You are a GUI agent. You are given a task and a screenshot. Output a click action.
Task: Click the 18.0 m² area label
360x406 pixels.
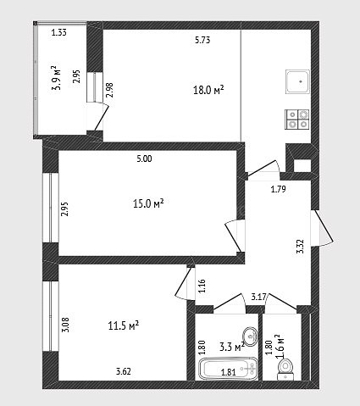pyautogui.click(x=208, y=90)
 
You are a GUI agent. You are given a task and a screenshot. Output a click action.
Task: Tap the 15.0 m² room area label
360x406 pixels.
pyautogui.click(x=148, y=203)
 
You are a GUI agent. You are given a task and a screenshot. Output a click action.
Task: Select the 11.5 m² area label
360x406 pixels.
pyautogui.click(x=124, y=325)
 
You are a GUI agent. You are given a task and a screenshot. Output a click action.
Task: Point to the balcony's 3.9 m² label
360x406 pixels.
pyautogui.click(x=55, y=78)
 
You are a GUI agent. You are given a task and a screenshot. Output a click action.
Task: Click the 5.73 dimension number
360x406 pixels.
pyautogui.click(x=202, y=40)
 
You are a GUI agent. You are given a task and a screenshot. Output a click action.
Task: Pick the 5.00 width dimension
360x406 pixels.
pyautogui.click(x=144, y=159)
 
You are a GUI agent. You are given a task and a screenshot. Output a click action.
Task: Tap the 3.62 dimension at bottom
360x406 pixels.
pyautogui.click(x=124, y=371)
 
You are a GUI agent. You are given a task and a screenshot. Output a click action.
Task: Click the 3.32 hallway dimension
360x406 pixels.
pyautogui.click(x=301, y=246)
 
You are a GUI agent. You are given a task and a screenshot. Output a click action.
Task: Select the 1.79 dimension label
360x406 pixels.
pyautogui.click(x=279, y=189)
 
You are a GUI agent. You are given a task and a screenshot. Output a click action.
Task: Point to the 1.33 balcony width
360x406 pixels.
pyautogui.click(x=59, y=33)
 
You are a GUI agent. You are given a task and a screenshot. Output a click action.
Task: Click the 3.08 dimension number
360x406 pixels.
pyautogui.click(x=65, y=325)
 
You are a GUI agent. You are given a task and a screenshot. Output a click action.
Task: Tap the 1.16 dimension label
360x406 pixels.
pyautogui.click(x=202, y=286)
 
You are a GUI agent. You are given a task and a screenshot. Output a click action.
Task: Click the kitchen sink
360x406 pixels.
pyautogui.click(x=298, y=82)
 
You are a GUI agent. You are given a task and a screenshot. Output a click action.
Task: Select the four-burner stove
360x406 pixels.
pyautogui.click(x=297, y=120)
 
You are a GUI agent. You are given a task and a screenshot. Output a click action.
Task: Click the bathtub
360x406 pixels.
pyautogui.click(x=229, y=369)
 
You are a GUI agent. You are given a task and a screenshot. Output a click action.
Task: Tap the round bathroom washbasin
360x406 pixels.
pyautogui.click(x=250, y=336)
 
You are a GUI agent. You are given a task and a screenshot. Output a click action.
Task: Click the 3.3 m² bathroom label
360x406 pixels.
pyautogui.click(x=232, y=347)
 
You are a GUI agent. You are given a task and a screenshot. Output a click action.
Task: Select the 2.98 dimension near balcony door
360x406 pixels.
pyautogui.click(x=109, y=90)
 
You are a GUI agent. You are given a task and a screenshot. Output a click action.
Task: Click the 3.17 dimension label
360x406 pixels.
pyautogui.click(x=258, y=298)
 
